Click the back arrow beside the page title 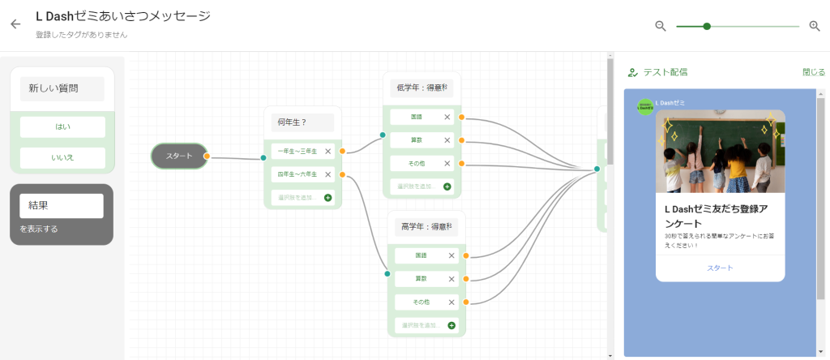point(15,24)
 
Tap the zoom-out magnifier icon point(661,26)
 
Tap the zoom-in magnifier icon point(815,26)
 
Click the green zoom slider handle point(707,26)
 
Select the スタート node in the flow point(179,156)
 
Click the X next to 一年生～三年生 point(328,152)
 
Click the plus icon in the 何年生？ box point(328,197)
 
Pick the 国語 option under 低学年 point(417,118)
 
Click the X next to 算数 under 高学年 point(451,279)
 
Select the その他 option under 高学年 point(421,302)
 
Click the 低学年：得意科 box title point(422,88)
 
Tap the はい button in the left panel point(62,127)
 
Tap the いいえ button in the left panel point(62,157)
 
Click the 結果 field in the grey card point(62,206)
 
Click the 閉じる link point(813,72)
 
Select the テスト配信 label point(665,72)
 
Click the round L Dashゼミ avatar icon point(645,107)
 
